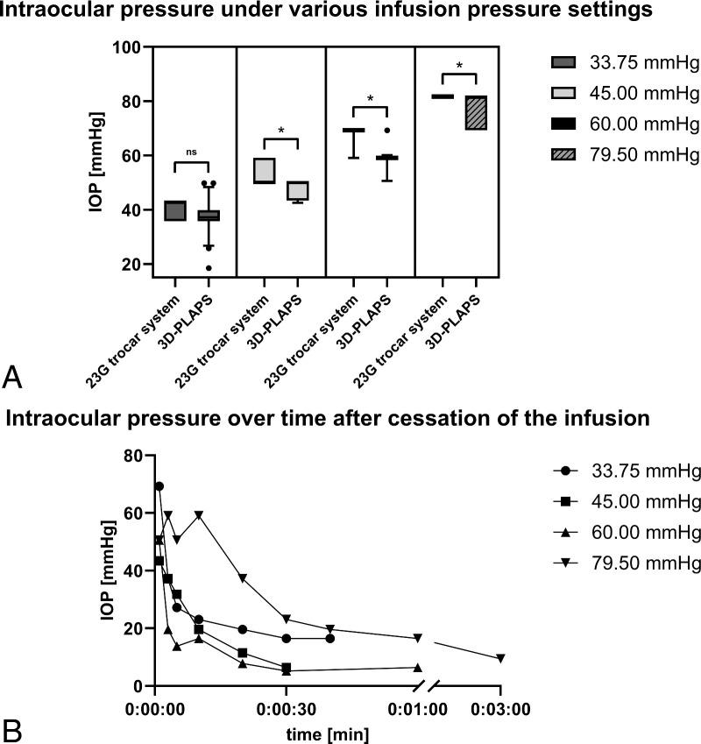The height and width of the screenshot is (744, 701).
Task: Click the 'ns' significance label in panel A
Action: pyautogui.click(x=192, y=152)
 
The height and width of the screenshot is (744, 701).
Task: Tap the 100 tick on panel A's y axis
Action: pyautogui.click(x=127, y=46)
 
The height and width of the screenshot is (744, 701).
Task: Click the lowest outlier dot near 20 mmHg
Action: pyautogui.click(x=209, y=268)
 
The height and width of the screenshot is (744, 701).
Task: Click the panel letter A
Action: pyautogui.click(x=13, y=378)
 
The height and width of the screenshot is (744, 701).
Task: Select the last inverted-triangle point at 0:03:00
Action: pyautogui.click(x=500, y=658)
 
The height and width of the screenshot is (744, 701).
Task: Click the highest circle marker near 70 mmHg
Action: pyautogui.click(x=159, y=485)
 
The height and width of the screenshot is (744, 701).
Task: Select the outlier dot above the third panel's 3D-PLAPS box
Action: pyautogui.click(x=386, y=130)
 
